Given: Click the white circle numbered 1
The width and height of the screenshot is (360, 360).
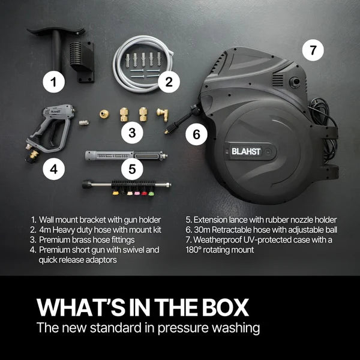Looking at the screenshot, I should tap(55, 82).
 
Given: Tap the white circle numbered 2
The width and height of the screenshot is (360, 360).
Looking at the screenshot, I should tap(170, 82).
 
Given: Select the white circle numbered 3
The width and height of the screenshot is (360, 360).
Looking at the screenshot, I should tap(133, 131).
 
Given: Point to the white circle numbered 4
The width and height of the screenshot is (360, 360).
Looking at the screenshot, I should tap(54, 170).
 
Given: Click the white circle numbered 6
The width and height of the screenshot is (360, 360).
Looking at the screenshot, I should tap(196, 134).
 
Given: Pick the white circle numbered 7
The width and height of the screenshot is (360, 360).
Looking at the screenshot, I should tap(313, 50).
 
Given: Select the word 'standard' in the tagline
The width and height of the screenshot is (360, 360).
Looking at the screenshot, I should tap(127, 328).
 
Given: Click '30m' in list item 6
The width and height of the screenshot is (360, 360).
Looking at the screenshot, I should tap(205, 230).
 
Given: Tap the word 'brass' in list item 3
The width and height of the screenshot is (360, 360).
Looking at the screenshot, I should tap(82, 240).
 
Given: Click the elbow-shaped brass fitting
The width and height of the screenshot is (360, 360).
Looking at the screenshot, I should tap(163, 113).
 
